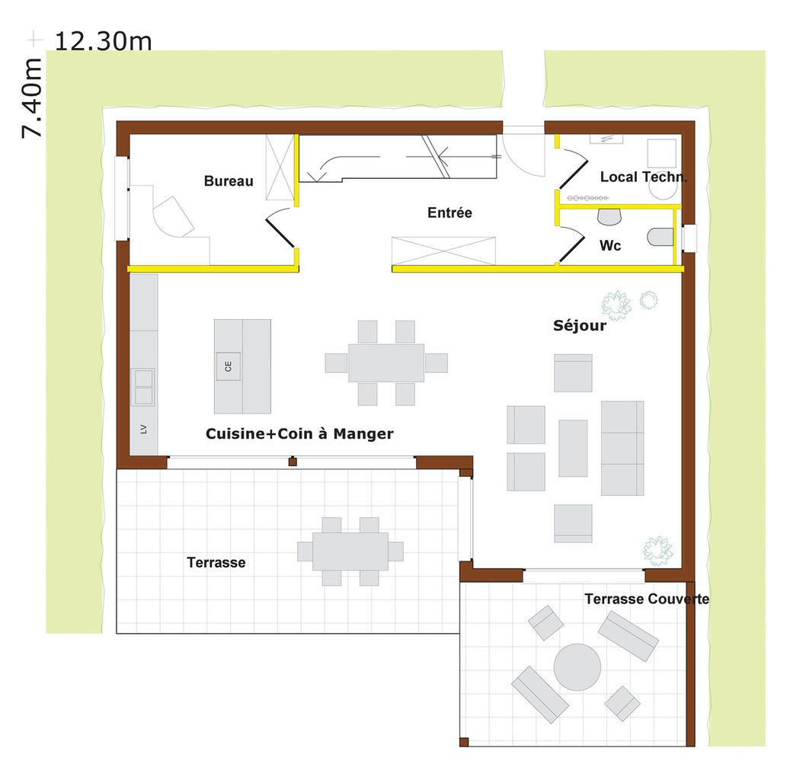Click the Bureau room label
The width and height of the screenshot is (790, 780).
tap(229, 181)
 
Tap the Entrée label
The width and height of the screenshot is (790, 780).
tap(449, 213)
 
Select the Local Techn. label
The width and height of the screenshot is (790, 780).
tap(644, 177)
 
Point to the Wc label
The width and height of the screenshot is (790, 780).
tap(610, 245)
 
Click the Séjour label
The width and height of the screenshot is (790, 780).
tap(580, 325)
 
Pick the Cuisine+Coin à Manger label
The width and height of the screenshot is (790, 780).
tap(299, 434)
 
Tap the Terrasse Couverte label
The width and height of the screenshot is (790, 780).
tap(647, 599)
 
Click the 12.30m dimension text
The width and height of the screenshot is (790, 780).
tap(103, 41)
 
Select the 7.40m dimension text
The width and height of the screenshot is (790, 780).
tap(31, 97)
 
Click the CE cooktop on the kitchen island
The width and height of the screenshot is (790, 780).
tap(229, 366)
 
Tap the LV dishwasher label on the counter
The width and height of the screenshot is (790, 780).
tap(143, 429)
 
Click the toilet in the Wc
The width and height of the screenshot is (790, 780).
tap(660, 237)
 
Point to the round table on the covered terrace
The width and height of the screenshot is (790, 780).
tap(577, 667)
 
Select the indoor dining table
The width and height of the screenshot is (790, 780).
tap(386, 363)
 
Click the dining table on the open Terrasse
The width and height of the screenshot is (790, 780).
tap(350, 551)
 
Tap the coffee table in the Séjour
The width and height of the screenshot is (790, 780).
tap(573, 448)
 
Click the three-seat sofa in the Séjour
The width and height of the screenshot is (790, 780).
tap(622, 448)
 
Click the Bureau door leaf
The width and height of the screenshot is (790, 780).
tap(280, 233)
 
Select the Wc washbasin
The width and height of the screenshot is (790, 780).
tap(609, 217)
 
